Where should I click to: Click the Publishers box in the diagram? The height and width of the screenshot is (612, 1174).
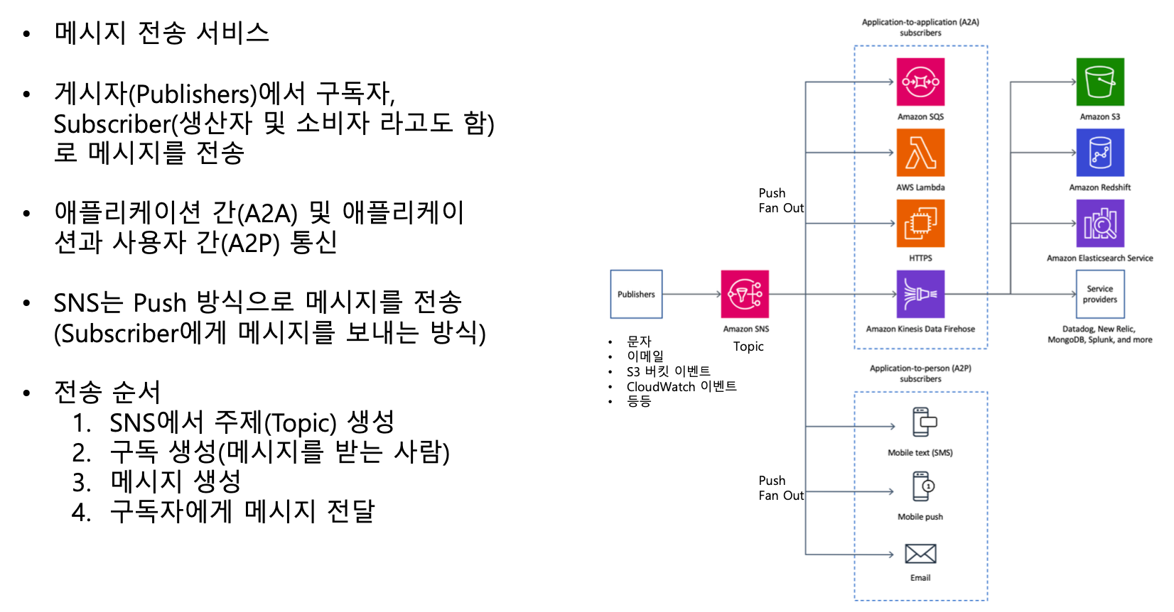(636, 294)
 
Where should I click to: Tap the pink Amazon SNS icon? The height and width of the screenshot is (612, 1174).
(745, 294)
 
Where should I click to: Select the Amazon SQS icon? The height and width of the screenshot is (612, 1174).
(920, 82)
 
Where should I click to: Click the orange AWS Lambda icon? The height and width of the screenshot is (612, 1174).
(920, 153)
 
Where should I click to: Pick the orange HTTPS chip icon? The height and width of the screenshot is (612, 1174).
(920, 223)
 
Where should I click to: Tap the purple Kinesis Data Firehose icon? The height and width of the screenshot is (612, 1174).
(920, 294)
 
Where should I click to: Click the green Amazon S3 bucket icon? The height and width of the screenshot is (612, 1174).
(1100, 82)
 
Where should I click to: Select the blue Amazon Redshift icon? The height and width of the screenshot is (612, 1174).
(1100, 153)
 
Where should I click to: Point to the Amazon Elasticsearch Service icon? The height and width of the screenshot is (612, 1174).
(1100, 223)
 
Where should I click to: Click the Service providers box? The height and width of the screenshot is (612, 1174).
(1100, 294)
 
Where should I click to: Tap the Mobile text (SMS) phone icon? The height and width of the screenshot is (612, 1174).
(924, 422)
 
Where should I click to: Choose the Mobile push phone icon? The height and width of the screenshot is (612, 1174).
(923, 487)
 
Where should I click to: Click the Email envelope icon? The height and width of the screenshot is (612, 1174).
(920, 554)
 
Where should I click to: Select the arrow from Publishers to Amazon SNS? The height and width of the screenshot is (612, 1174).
(691, 294)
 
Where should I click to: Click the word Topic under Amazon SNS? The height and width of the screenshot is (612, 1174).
(748, 346)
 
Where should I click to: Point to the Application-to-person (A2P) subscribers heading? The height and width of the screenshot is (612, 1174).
(920, 373)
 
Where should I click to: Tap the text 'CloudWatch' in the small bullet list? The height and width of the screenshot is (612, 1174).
(661, 387)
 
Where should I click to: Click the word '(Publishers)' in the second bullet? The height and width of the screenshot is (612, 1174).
(196, 94)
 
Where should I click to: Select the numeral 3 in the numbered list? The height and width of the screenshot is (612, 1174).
(81, 483)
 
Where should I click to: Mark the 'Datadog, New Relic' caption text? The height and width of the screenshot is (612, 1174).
(1099, 329)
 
